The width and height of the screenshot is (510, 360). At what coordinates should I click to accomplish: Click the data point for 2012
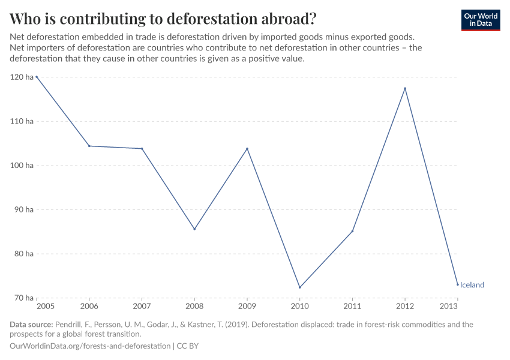click(x=405, y=89)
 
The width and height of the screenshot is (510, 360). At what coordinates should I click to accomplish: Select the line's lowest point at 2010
click(x=299, y=287)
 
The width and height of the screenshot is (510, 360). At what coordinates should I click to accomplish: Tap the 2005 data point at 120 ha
click(x=37, y=77)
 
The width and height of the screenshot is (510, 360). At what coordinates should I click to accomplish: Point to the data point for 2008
click(x=194, y=229)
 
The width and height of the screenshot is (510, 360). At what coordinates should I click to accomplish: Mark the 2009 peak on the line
click(x=247, y=149)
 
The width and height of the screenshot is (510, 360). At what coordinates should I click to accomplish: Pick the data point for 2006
click(x=89, y=146)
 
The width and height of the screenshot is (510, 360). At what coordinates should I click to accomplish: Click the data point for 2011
click(x=352, y=231)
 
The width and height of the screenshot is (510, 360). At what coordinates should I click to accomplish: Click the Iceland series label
click(x=472, y=285)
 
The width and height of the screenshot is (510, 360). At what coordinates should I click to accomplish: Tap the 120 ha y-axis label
click(x=22, y=77)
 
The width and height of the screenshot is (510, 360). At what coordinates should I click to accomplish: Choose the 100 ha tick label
click(x=22, y=165)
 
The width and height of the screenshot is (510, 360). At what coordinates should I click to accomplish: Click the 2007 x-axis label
click(x=142, y=307)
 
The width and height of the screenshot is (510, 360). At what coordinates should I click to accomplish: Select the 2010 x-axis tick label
click(x=299, y=307)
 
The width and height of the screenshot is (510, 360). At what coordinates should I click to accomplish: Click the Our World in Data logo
click(x=481, y=20)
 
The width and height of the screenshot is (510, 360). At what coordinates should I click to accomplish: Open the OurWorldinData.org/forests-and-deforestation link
click(x=90, y=346)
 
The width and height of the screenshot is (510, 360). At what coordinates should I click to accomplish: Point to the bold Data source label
click(x=31, y=325)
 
